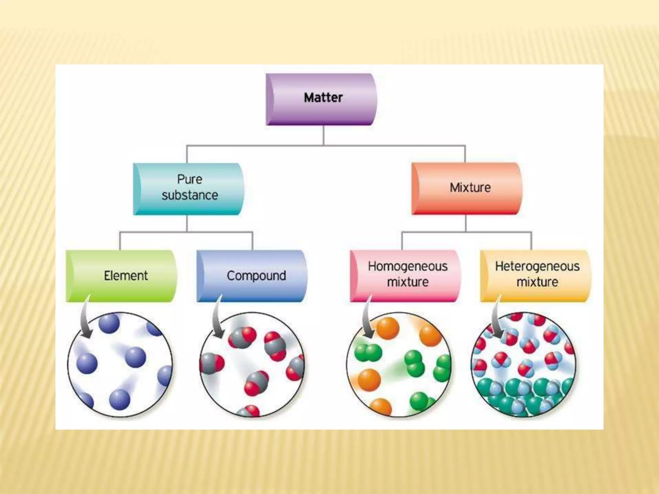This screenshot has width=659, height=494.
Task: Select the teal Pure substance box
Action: click(x=189, y=189)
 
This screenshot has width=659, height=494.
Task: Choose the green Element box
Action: click(x=121, y=276)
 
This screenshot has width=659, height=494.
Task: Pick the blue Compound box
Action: click(x=252, y=276)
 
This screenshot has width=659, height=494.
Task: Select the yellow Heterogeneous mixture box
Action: click(x=536, y=276)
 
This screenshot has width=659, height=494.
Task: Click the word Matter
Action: click(x=323, y=97)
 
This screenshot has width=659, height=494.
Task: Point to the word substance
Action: click(x=190, y=196)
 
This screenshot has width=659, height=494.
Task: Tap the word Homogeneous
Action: click(x=408, y=266)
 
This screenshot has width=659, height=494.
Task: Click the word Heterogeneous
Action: click(x=537, y=266)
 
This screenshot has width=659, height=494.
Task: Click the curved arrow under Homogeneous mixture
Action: click(x=367, y=318)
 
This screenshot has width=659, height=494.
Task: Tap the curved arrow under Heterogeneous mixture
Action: click(x=497, y=318)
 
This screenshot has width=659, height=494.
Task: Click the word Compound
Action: click(x=256, y=276)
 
